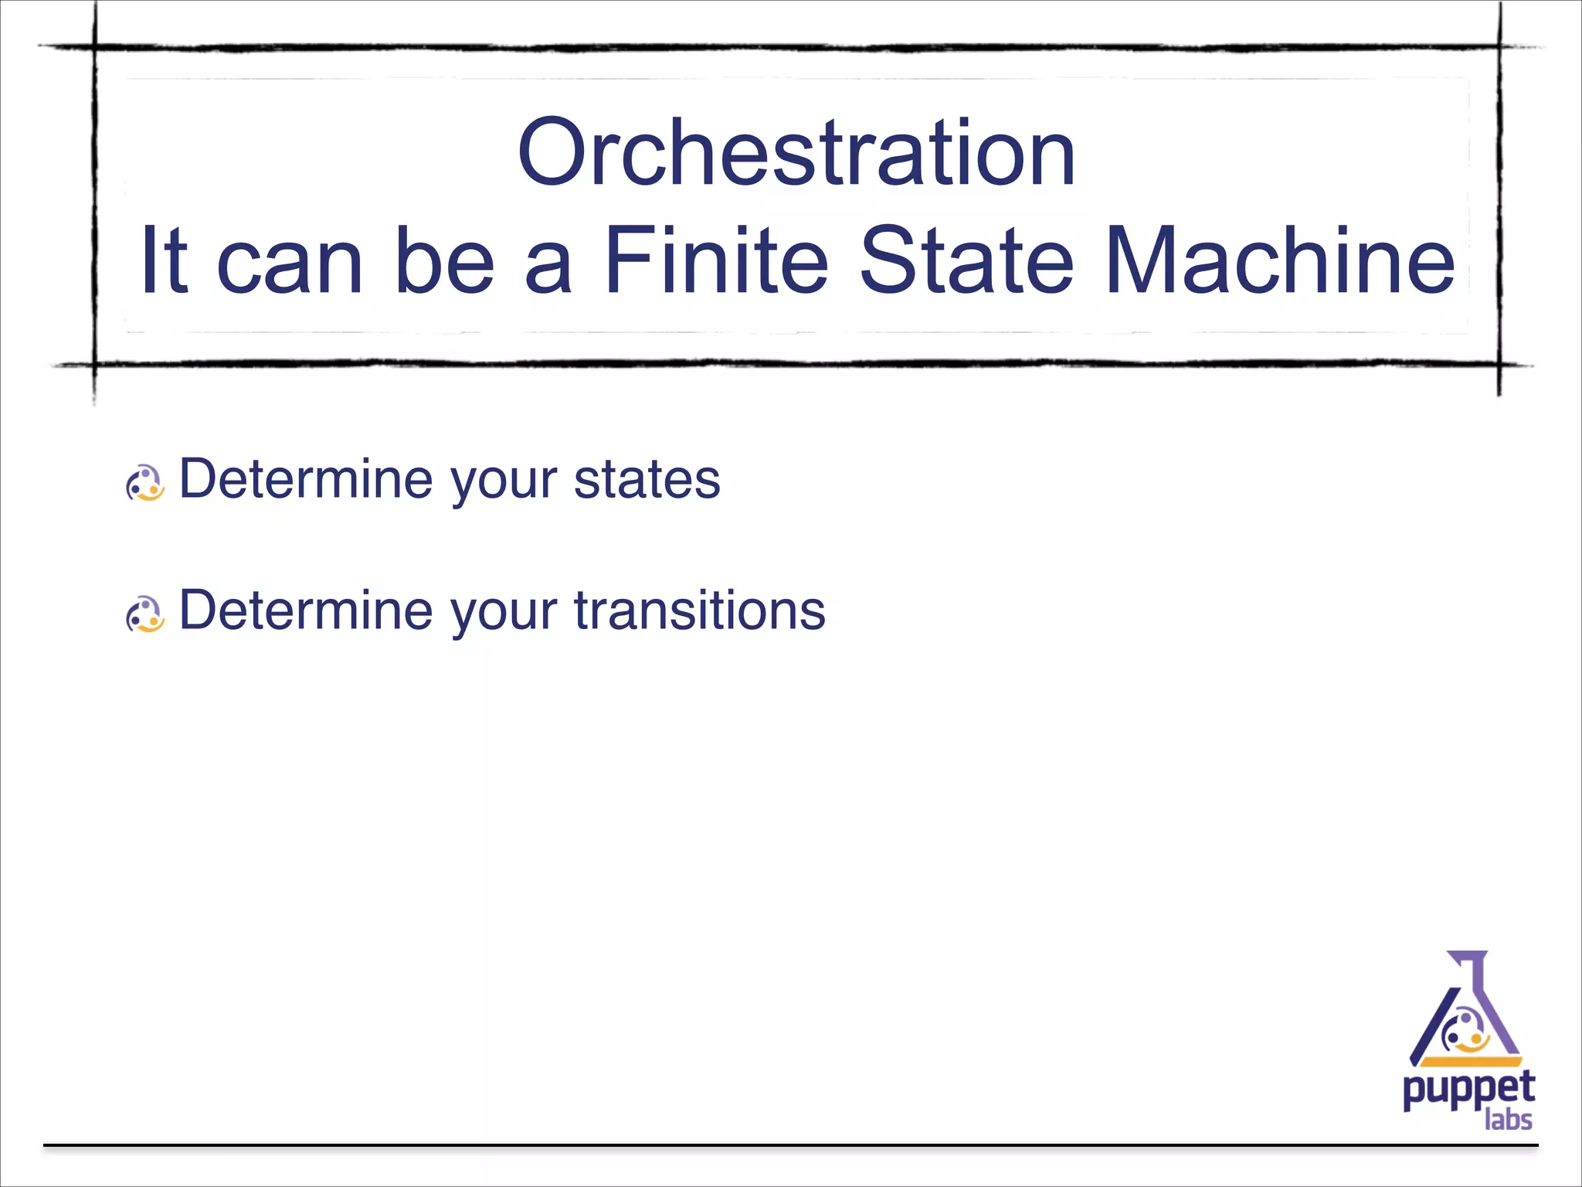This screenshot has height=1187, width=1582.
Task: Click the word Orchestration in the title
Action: coord(796,152)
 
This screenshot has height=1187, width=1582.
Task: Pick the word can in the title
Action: coord(290,263)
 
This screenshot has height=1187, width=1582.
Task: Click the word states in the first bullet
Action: coord(647,480)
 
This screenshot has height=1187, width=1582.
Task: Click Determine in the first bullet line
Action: coord(306,480)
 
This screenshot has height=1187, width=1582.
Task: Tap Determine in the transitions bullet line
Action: coord(306,611)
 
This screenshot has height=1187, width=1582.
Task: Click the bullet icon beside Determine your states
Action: coord(145,484)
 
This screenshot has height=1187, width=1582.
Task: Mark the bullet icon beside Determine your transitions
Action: coord(145,615)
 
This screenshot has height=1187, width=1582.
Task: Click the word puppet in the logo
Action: coord(1468,1090)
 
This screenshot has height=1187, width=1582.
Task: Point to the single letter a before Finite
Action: coord(548,263)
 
